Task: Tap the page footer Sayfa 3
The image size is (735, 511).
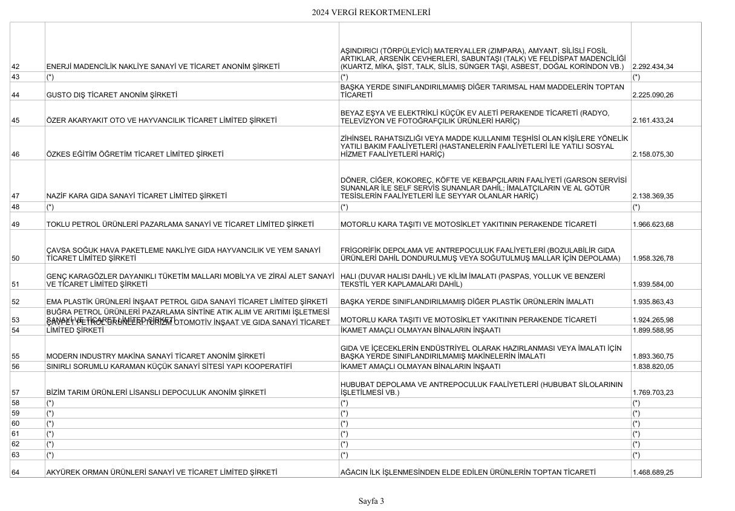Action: [371, 501]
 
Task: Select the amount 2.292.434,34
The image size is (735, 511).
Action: [653, 67]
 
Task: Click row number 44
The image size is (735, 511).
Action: [16, 96]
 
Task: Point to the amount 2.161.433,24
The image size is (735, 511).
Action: [653, 120]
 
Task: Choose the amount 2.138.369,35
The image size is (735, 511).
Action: [653, 196]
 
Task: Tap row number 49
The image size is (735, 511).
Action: [16, 224]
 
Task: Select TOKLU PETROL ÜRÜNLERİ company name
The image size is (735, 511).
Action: [180, 224]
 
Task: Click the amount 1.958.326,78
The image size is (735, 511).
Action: [653, 258]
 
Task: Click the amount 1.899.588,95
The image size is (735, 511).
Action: [653, 330]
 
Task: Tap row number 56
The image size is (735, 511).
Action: [16, 366]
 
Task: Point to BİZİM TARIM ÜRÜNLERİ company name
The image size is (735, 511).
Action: [156, 392]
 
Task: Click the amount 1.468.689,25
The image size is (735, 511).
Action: [653, 472]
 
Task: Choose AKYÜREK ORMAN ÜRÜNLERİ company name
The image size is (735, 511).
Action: [162, 472]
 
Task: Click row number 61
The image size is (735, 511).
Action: [16, 434]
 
